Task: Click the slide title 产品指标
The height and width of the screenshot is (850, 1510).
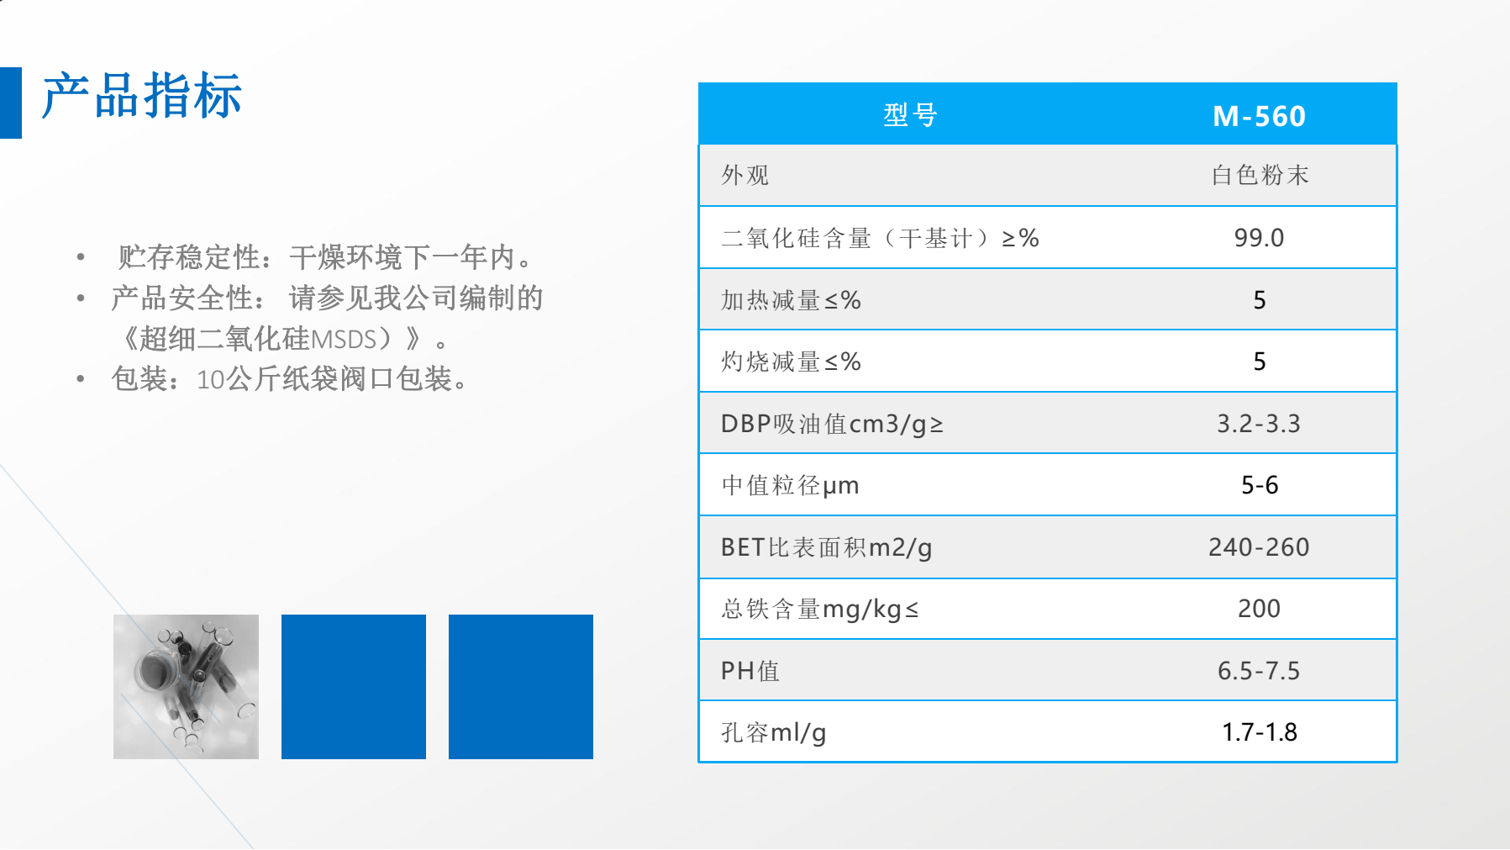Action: (142, 96)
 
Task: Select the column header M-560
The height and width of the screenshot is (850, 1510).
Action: (1259, 116)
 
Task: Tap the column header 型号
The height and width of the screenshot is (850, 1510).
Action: (910, 115)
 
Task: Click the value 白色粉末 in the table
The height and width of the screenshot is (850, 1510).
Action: (1260, 175)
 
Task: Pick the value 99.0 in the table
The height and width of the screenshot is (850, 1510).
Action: (1259, 238)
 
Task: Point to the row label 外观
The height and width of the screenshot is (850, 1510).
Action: (745, 175)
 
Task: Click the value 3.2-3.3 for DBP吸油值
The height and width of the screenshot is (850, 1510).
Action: (1259, 424)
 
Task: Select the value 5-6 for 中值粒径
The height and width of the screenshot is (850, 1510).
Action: (1260, 485)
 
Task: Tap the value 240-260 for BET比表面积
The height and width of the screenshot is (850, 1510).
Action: (1259, 547)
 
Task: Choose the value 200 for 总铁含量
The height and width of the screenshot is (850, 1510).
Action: (1259, 609)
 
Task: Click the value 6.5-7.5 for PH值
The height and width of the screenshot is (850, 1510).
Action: (1259, 671)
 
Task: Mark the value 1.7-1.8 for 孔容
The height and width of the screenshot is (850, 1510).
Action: (1260, 732)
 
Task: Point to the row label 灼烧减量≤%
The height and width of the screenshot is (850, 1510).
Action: (791, 362)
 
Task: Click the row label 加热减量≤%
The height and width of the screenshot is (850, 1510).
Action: (791, 300)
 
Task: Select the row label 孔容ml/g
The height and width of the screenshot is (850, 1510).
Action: (773, 733)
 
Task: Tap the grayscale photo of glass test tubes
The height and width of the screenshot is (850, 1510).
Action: (186, 687)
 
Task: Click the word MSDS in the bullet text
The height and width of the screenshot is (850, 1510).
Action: (343, 340)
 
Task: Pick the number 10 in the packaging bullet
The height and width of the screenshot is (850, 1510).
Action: (210, 380)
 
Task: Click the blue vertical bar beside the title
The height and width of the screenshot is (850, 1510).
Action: (10, 103)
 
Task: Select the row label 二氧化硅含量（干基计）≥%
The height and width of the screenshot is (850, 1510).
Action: (880, 239)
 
